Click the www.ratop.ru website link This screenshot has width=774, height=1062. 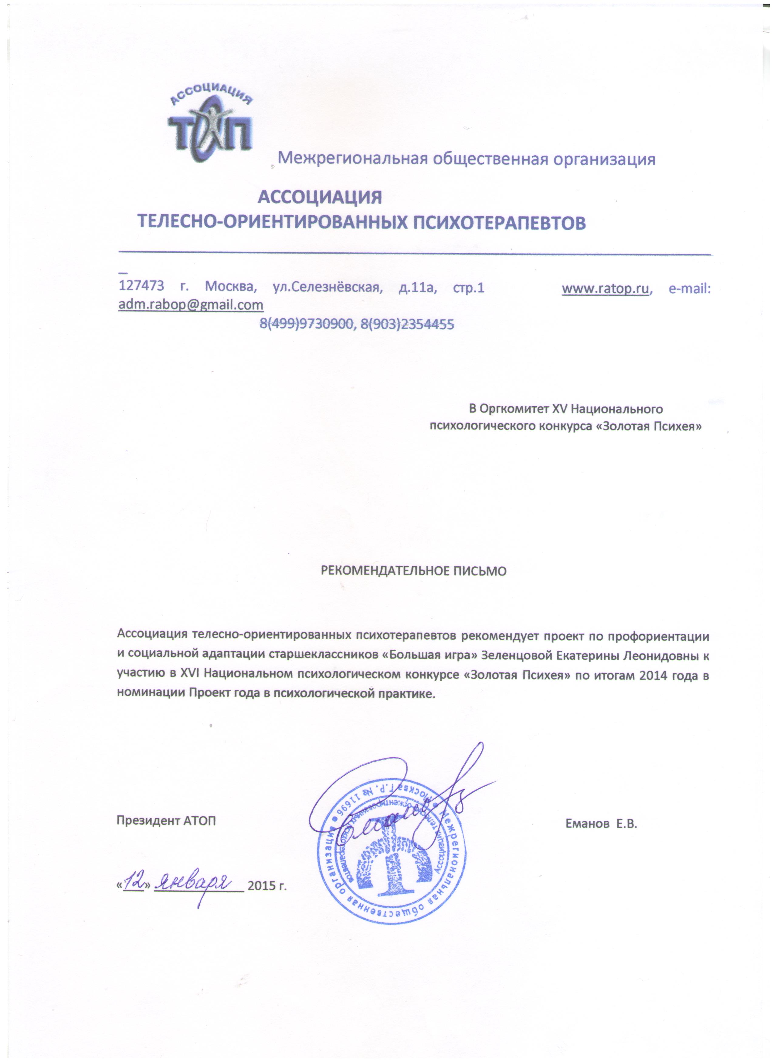[x=605, y=288]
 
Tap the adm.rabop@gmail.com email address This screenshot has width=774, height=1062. [x=191, y=305]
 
